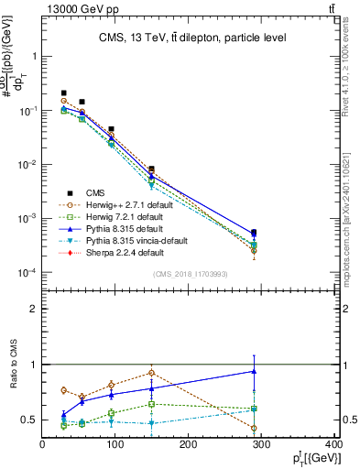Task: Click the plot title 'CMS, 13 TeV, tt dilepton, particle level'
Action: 193,38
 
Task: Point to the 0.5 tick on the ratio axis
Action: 31,420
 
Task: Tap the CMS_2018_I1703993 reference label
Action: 189,275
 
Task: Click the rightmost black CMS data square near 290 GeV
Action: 254,233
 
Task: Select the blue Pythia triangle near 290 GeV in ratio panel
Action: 254,371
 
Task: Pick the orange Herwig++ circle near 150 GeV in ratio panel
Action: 151,373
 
